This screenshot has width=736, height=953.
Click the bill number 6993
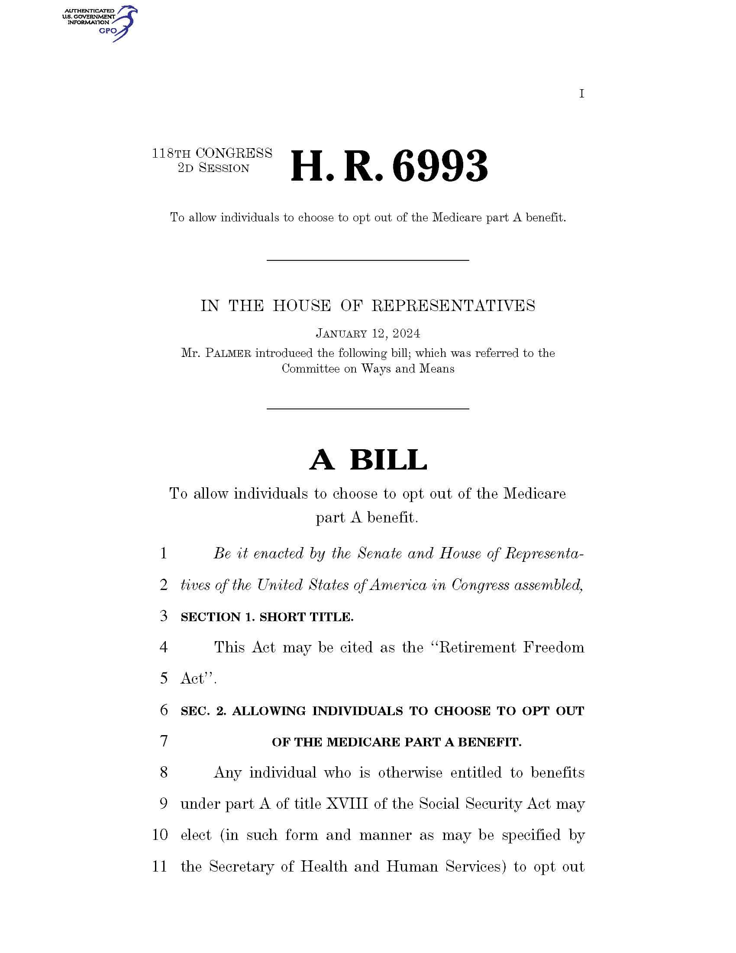[440, 167]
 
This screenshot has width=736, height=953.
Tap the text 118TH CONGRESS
[212, 153]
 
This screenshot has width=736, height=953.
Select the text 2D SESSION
[213, 168]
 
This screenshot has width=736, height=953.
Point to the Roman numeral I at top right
[581, 94]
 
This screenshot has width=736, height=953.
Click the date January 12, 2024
[368, 334]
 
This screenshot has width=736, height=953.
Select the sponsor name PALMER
[228, 353]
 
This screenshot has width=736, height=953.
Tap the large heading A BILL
[368, 460]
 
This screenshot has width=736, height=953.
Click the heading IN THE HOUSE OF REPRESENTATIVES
[368, 306]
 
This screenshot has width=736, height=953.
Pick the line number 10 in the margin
[160, 835]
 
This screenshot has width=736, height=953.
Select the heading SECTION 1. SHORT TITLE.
[267, 617]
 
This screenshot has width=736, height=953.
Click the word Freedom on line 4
[553, 647]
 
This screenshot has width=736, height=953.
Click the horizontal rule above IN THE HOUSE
[368, 260]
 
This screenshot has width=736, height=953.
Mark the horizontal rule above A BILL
[368, 408]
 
